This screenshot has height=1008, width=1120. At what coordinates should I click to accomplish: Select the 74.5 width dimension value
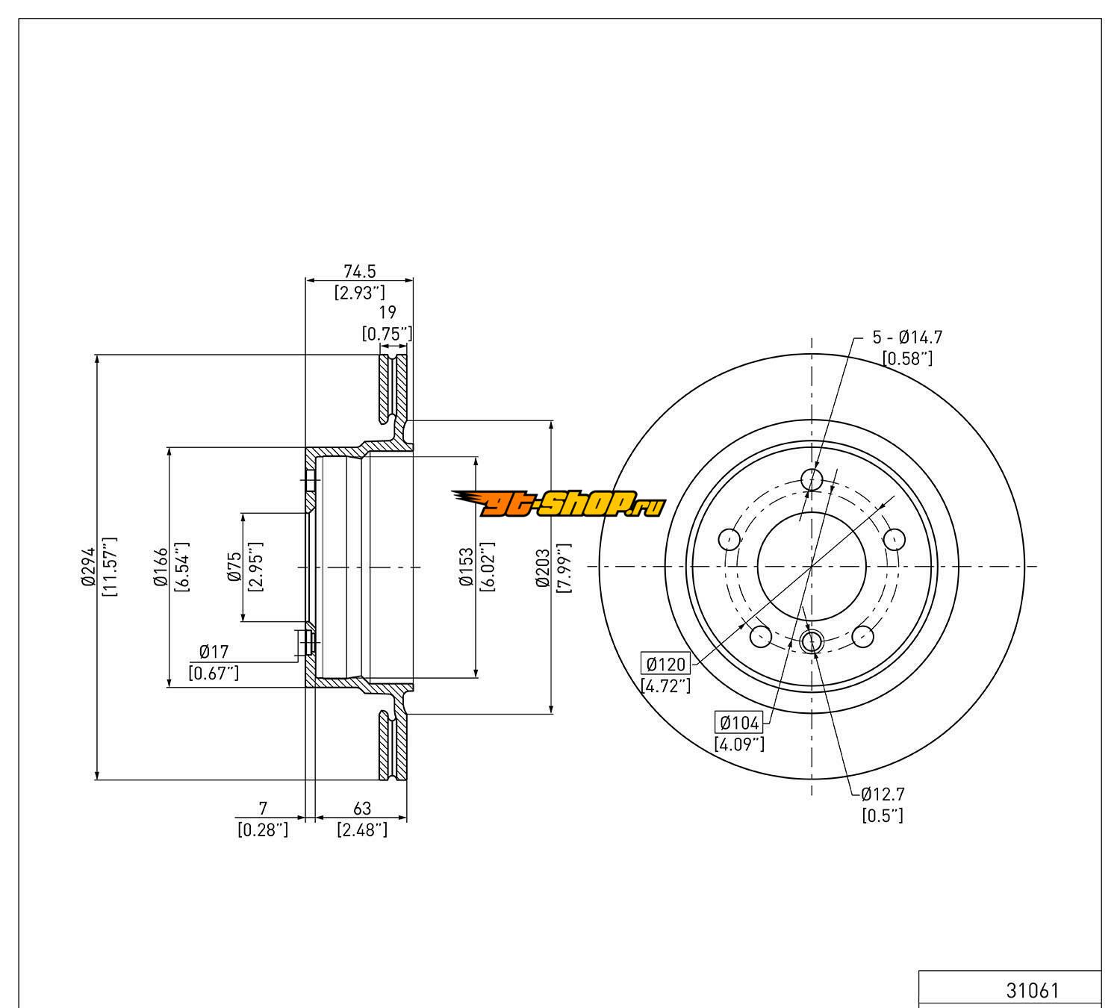359,272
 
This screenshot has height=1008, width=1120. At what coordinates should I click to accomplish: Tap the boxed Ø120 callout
665,663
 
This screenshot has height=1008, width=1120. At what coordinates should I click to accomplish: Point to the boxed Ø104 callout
738,722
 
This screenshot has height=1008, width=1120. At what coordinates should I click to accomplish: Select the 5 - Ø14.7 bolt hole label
907,337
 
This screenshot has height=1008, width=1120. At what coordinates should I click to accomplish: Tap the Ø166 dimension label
160,567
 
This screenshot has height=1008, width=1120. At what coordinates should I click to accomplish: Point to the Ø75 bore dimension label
234,567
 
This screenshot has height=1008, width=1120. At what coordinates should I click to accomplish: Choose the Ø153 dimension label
467,567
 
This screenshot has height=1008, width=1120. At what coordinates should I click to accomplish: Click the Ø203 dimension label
542,567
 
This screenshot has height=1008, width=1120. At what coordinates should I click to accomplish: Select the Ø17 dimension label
214,652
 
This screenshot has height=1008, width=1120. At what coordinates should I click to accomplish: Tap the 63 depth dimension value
361,808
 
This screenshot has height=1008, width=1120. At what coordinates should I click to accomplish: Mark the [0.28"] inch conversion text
262,829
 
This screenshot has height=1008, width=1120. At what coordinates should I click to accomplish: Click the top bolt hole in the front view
811,479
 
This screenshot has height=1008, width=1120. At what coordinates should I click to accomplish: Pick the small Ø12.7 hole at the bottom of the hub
811,641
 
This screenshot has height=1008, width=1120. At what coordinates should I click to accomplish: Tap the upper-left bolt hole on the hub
729,538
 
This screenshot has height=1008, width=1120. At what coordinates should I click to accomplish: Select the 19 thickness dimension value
387,312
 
